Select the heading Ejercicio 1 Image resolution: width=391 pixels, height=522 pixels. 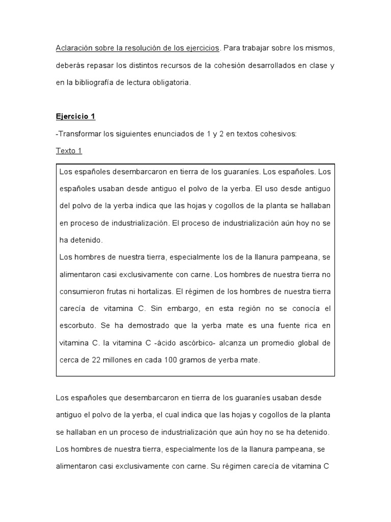point(75,116)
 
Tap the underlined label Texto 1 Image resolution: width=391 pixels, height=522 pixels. point(69,151)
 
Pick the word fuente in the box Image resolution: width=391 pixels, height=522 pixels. point(277,326)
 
